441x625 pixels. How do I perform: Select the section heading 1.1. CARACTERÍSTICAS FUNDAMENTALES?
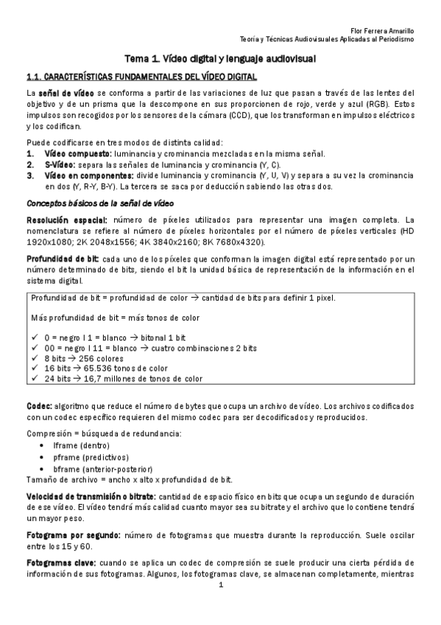(x=141, y=77)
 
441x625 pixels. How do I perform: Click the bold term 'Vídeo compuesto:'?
(x=76, y=153)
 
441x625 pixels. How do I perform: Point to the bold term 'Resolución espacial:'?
(x=67, y=220)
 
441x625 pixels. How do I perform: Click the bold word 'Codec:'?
(x=38, y=405)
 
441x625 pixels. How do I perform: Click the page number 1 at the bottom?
(x=220, y=586)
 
